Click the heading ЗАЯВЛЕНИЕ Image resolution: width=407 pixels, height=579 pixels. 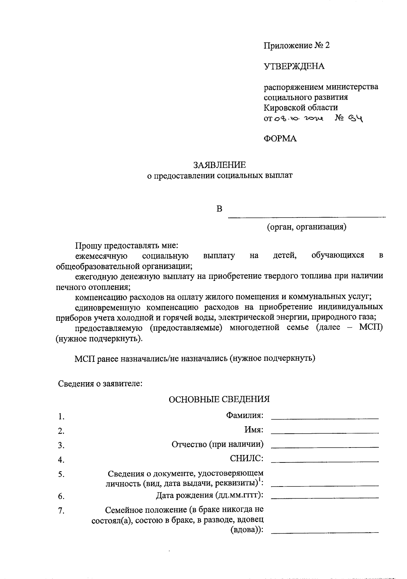tap(219, 165)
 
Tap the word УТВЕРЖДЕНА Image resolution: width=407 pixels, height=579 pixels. tap(294, 66)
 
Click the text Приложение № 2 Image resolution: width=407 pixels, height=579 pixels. tap(297, 46)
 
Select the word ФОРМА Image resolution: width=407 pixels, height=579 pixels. tap(280, 139)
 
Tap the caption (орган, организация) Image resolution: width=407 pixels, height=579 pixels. tap(307, 227)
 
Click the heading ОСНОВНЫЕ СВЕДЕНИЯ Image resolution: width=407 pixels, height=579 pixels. tap(219, 399)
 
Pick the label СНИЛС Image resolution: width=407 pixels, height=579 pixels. tap(247, 458)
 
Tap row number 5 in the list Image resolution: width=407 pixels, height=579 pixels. tap(61, 475)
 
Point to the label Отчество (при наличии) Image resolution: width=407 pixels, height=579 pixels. tap(217, 444)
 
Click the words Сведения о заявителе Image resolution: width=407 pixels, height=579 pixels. tap(100, 384)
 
